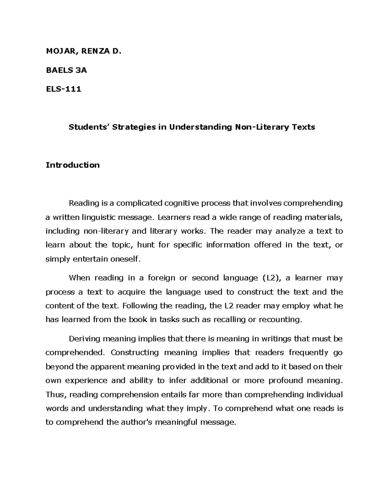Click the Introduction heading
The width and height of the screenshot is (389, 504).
pyautogui.click(x=73, y=165)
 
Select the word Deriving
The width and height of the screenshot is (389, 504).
pyautogui.click(x=85, y=339)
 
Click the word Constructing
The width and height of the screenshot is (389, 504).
pyautogui.click(x=135, y=352)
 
